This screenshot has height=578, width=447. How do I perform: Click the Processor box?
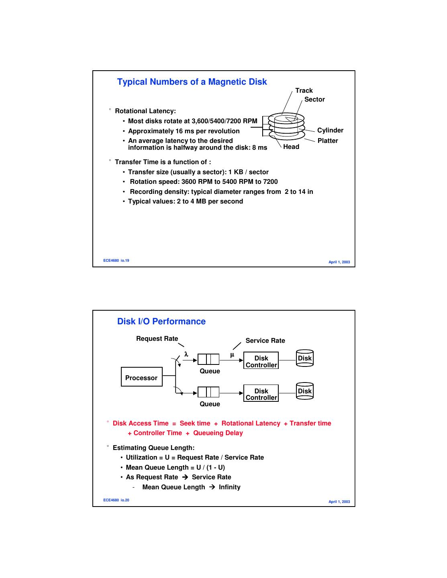click(141, 377)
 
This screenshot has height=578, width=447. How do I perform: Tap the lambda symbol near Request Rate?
click(186, 354)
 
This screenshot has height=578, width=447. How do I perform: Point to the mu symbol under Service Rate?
click(232, 354)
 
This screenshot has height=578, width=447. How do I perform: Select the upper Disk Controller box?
click(261, 360)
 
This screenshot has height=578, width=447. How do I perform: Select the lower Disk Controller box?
click(261, 393)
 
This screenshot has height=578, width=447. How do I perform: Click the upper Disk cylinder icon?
click(304, 358)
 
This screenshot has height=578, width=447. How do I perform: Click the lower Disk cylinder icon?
click(304, 391)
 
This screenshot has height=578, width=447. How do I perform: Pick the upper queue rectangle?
click(208, 359)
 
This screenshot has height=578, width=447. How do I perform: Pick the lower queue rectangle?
click(208, 392)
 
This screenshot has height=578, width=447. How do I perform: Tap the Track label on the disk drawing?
click(304, 91)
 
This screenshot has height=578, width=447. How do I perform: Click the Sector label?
click(314, 100)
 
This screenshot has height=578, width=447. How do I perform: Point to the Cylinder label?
click(330, 130)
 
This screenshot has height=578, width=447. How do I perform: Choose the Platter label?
click(328, 141)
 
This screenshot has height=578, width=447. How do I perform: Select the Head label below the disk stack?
click(291, 147)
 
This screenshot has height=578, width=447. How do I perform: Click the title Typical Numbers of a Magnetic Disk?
click(192, 82)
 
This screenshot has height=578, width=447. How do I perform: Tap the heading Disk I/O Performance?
click(161, 322)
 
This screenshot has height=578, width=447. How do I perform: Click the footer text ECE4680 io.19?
click(116, 261)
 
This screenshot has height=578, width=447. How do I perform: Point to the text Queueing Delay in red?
click(218, 433)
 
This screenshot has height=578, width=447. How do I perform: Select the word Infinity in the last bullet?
click(230, 487)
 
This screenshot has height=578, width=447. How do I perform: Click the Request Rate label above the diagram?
click(157, 339)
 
